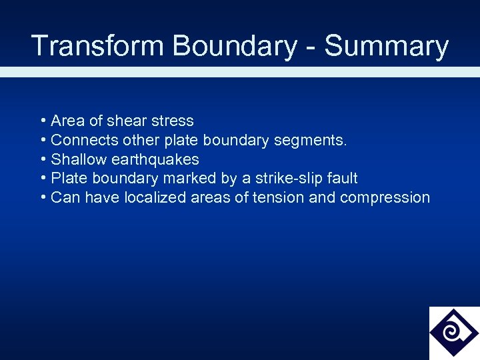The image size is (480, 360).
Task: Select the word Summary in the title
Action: point(387,47)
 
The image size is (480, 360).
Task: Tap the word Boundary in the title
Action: point(235,47)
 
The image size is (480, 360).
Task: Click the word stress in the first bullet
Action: point(173,121)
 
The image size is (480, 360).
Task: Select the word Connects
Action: point(81,140)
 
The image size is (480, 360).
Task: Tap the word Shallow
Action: point(79,159)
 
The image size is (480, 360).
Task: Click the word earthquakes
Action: point(155,159)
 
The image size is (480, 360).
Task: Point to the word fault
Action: point(342,178)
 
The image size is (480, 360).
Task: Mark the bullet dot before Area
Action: point(43,121)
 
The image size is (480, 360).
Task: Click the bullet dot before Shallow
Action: point(43,159)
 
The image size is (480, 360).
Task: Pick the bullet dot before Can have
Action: point(43,197)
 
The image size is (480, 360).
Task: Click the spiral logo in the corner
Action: point(453,332)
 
